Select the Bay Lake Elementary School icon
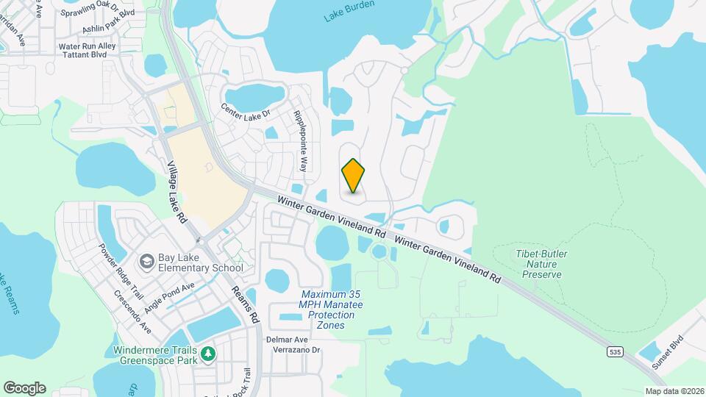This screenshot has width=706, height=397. click(146, 262)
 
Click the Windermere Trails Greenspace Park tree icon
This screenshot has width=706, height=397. click(209, 354)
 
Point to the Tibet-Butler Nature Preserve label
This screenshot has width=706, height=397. click(541, 264)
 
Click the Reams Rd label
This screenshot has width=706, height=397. click(245, 301)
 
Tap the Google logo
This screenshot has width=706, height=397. click(24, 387)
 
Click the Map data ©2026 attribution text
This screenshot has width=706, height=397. click(674, 391)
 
